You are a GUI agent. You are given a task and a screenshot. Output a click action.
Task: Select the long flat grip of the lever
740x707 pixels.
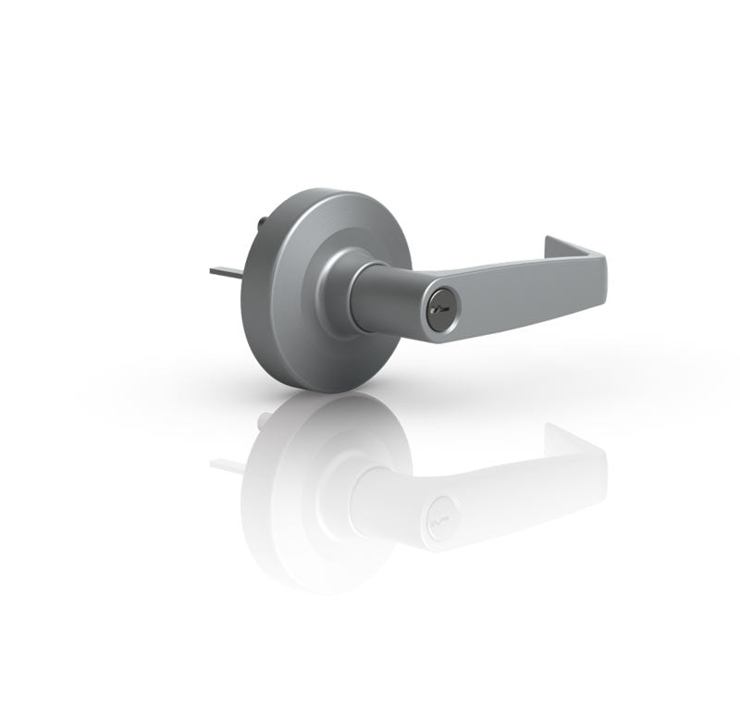pyautogui.click(x=518, y=288)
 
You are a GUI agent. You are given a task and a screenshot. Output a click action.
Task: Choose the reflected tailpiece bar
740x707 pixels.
pyautogui.click(x=225, y=462)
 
